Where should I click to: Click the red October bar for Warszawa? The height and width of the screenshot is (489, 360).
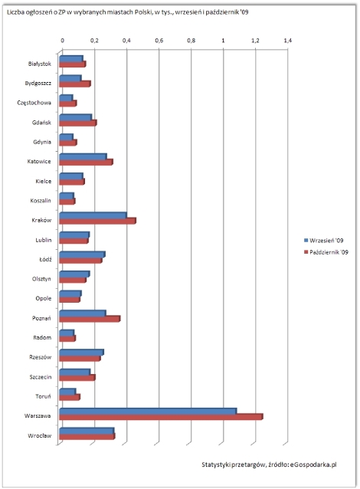tap(161, 417)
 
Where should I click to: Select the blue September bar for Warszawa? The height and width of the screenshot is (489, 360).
tap(148, 411)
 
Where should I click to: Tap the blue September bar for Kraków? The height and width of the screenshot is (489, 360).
tap(93, 215)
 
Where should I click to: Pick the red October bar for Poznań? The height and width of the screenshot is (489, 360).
tap(90, 319)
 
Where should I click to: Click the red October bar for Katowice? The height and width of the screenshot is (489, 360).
tap(86, 162)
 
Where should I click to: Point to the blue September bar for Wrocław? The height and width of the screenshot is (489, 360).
tap(87, 431)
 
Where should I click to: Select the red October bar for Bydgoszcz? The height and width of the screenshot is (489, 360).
tap(75, 84)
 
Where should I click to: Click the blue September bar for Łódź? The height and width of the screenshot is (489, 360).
tap(82, 254)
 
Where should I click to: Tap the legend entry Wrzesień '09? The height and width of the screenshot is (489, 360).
tap(323, 241)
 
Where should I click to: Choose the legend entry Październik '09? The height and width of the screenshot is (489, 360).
tap(326, 252)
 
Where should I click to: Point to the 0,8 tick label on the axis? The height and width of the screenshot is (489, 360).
tap(191, 41)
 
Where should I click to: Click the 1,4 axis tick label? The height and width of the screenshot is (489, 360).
tap(287, 41)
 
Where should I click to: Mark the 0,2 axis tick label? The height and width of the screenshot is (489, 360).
tap(94, 41)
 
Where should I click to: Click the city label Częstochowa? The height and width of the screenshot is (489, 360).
tap(34, 103)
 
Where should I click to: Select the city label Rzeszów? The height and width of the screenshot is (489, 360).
tap(40, 357)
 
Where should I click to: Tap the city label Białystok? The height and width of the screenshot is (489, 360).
tap(40, 64)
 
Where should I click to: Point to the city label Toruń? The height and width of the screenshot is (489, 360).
tap(43, 396)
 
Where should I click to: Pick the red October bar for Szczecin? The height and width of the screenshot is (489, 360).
tap(77, 378)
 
